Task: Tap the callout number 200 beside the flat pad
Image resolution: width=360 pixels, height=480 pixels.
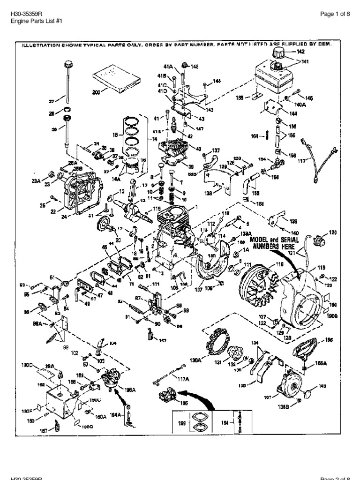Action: click(96, 92)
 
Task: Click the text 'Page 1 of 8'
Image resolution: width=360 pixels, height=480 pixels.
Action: click(335, 14)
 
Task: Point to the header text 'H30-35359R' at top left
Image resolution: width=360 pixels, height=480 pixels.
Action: click(23, 14)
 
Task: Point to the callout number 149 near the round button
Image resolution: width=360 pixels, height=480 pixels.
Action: click(322, 387)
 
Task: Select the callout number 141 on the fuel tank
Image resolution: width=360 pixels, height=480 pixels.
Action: click(305, 61)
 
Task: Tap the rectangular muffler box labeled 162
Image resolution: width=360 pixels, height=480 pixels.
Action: click(61, 398)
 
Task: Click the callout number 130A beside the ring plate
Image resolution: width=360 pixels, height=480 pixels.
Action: click(195, 360)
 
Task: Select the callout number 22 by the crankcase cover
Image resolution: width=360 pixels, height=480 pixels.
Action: click(53, 211)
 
